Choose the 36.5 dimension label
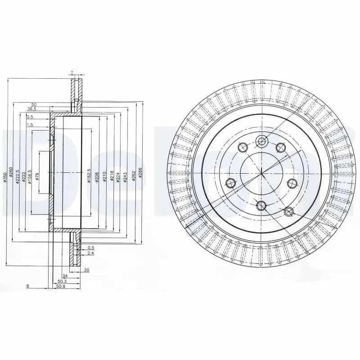pyautogui.click(x=32, y=109)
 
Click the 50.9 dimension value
pyautogui.click(x=60, y=286)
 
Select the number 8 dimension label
pyautogui.click(x=28, y=286)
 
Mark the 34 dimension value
pyautogui.click(x=65, y=275)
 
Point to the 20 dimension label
pyautogui.click(x=87, y=270)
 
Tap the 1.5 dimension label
pyautogui.click(x=30, y=125)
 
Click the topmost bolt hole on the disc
pyautogui.click(x=261, y=142)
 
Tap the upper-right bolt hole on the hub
pyautogui.click(x=280, y=147)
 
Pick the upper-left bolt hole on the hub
pyautogui.click(x=242, y=147)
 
